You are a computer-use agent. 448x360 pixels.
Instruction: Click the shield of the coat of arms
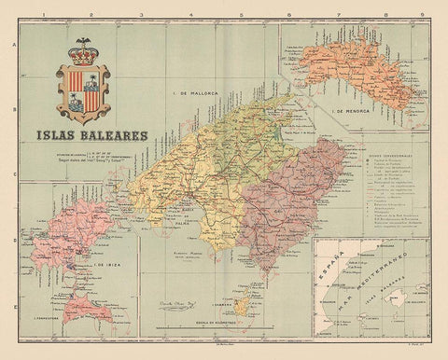pyautogui.click(x=85, y=89)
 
